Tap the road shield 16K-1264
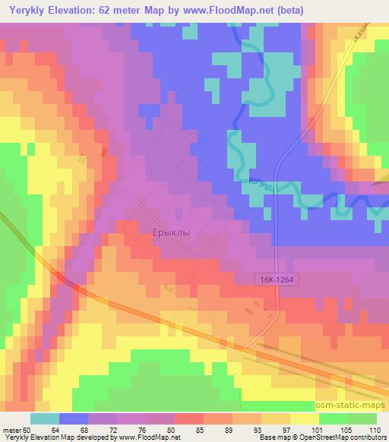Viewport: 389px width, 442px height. pos(274,280)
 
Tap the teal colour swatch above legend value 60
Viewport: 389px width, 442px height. pos(44,418)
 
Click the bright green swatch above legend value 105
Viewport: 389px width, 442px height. pos(333,418)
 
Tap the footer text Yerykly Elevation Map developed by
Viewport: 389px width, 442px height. pos(53,437)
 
